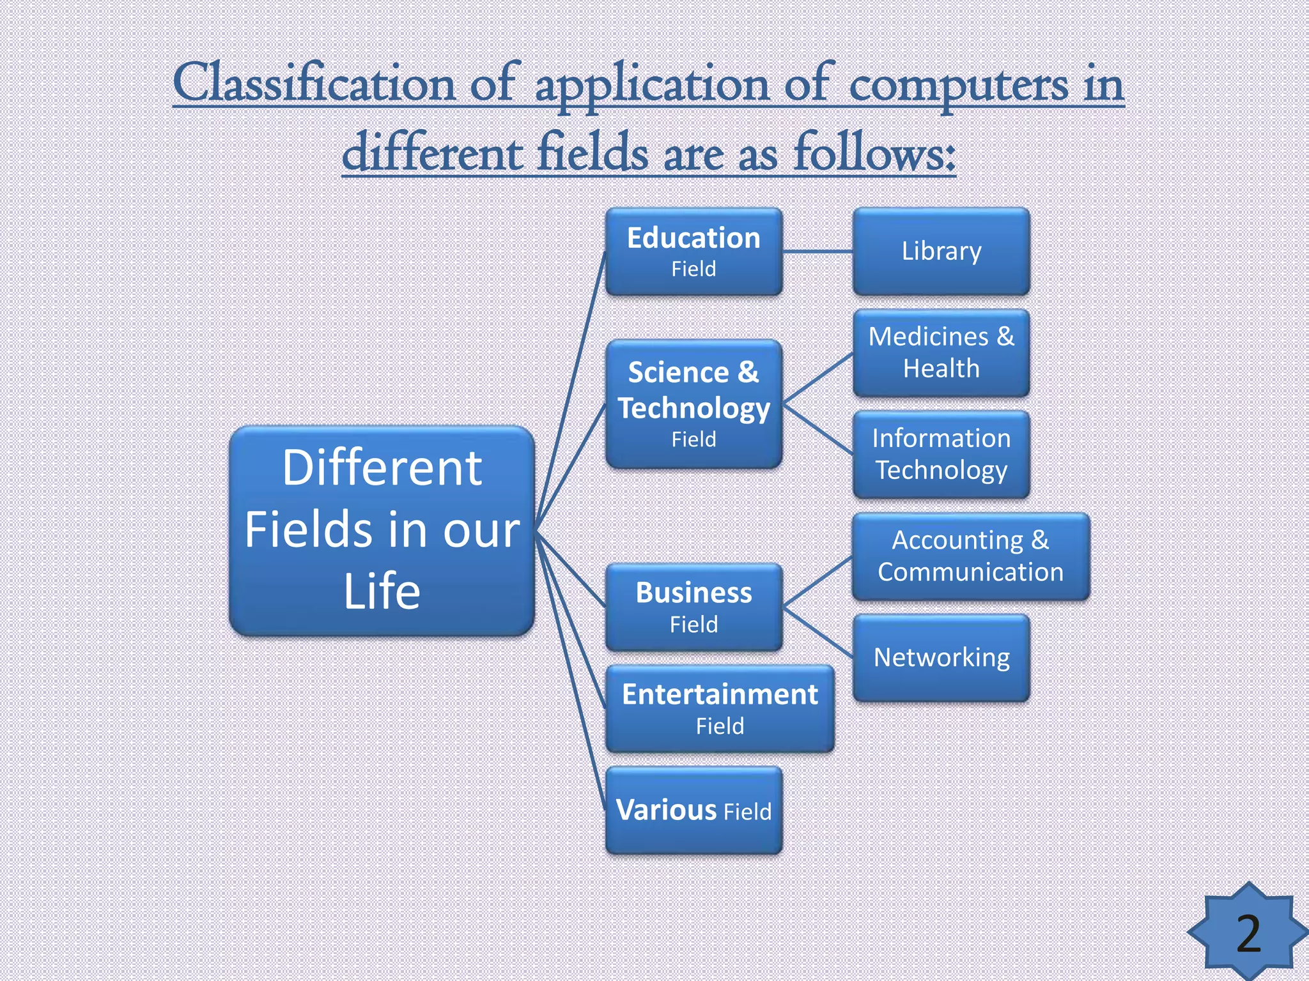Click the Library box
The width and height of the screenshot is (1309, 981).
pos(941,251)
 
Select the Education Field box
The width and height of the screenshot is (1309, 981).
pos(693,251)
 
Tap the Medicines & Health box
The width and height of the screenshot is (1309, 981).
pos(941,353)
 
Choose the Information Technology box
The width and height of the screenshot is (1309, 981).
pos(941,454)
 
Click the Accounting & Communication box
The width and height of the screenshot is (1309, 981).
pos(970,556)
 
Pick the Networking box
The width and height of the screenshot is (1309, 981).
pos(941,658)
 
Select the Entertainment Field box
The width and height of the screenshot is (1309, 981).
pos(720,708)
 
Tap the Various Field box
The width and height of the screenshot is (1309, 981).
pos(693,810)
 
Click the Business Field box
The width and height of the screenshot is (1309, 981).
pos(693,607)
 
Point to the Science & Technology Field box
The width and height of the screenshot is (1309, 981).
pos(693,404)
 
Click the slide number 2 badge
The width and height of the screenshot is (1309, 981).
pos(1248,933)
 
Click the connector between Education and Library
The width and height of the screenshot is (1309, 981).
pos(817,252)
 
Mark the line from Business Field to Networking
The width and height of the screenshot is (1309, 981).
pos(818,632)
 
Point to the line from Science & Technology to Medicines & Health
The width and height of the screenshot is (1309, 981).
pos(818,379)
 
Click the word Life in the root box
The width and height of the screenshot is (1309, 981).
pos(382,591)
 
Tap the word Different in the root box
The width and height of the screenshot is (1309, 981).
pos(382,468)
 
